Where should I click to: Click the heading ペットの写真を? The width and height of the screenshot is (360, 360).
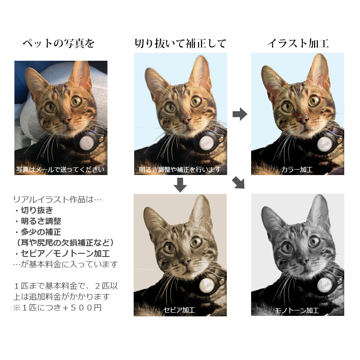coord(59,44)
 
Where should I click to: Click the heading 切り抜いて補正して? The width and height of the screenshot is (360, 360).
coord(180,44)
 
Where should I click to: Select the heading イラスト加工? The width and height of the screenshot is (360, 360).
coord(297,44)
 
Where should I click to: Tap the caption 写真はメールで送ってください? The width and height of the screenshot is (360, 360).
coord(61,170)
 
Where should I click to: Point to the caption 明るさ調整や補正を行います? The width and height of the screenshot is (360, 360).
coord(180,170)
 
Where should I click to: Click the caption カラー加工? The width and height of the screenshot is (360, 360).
coord(297,170)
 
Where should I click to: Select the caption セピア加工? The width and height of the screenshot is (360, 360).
coord(180,310)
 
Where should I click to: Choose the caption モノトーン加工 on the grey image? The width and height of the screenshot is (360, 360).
coord(297,310)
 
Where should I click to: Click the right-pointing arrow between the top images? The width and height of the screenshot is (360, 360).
coord(240,114)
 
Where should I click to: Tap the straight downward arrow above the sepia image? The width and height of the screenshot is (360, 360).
coord(180,184)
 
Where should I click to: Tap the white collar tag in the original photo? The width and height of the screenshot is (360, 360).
coord(86,143)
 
